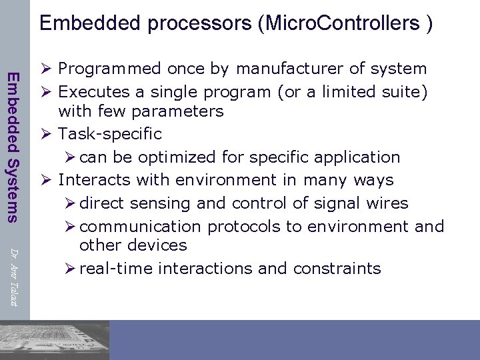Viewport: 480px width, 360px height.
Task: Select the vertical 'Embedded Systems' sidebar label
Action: [x=13, y=146]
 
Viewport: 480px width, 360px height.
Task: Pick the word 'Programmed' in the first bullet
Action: [x=109, y=69]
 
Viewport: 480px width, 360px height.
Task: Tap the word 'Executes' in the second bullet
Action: [x=92, y=91]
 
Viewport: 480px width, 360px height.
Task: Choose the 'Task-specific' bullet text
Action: [x=110, y=133]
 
